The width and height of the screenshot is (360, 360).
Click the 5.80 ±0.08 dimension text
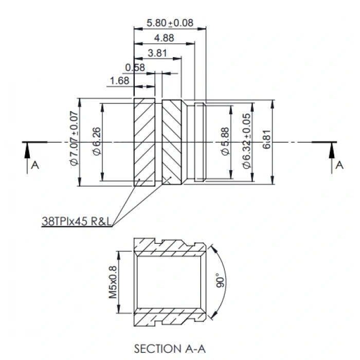click(170, 23)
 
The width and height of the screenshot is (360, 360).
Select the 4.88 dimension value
click(164, 38)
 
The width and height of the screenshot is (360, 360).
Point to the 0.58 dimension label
click(135, 67)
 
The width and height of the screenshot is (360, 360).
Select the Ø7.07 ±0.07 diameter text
click(73, 138)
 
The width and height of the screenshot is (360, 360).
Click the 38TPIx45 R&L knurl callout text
click(78, 222)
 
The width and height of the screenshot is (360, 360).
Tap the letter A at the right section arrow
click(339, 165)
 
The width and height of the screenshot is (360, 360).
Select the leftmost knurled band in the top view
click(145, 142)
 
